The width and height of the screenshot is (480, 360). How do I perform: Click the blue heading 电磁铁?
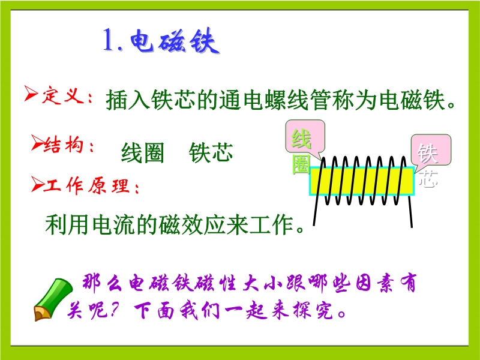click(175, 41)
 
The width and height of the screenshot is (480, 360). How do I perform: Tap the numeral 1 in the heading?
click(109, 40)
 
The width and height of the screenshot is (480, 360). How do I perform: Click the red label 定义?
click(63, 95)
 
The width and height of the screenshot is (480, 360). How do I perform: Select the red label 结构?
click(64, 144)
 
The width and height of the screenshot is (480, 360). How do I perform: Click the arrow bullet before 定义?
click(31, 93)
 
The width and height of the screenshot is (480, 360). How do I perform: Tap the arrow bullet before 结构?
click(37, 142)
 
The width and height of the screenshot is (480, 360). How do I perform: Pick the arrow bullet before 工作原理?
click(37, 184)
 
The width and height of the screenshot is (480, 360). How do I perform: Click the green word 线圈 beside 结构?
click(143, 152)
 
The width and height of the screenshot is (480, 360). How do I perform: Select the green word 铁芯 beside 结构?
click(211, 152)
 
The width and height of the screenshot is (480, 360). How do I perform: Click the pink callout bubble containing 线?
click(305, 137)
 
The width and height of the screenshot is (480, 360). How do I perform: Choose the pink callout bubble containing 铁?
click(431, 151)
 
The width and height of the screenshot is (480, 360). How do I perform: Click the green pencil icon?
click(52, 299)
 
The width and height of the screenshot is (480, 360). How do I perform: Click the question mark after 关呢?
click(114, 310)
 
